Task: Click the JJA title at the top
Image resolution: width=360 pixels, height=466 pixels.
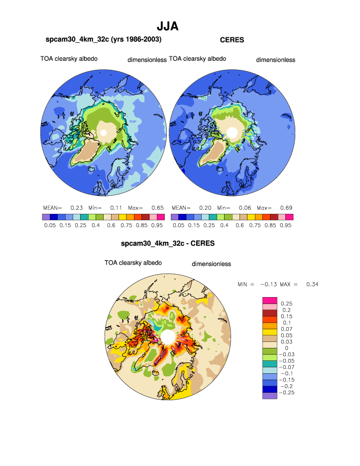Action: point(168,26)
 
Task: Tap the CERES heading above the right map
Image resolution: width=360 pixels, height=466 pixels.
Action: point(232,40)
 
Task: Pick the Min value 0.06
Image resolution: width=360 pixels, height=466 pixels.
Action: point(242,207)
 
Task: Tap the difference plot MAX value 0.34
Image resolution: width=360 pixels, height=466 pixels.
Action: point(312,284)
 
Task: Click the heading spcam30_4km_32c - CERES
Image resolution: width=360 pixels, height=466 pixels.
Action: point(168,244)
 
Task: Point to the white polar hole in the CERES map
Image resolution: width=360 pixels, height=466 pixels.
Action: point(232,133)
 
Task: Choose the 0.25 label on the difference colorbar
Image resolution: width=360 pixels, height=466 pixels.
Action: point(286,303)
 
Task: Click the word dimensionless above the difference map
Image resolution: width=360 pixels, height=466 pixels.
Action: point(211,264)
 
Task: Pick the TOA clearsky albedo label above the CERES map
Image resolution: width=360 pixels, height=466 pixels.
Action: point(197,59)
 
